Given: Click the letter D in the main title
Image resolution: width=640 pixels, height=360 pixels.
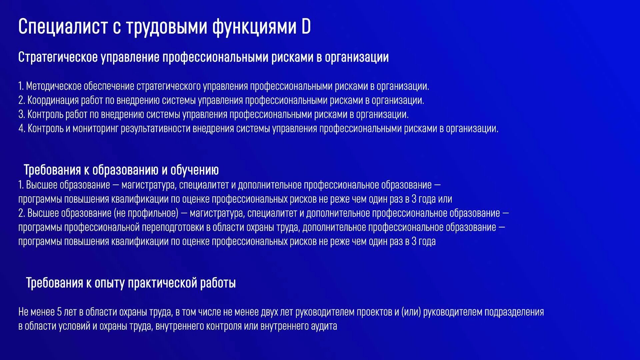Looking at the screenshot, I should [x=306, y=26].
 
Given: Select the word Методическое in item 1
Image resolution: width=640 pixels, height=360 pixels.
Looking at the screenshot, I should [x=54, y=86].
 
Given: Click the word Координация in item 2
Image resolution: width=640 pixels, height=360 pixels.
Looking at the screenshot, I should [x=53, y=100].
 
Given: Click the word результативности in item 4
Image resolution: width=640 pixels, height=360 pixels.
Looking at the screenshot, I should [x=155, y=129].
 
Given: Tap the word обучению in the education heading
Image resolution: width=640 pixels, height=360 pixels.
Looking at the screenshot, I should [x=194, y=170].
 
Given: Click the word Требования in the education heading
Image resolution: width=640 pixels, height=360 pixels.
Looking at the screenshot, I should [x=52, y=170].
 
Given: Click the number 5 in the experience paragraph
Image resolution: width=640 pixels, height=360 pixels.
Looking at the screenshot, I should [x=59, y=312].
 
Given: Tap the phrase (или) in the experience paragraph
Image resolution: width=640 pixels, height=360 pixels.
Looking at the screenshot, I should [x=411, y=312].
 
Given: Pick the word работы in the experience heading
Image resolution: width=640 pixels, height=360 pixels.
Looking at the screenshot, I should [x=218, y=283].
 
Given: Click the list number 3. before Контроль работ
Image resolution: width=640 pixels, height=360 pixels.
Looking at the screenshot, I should [x=21, y=115].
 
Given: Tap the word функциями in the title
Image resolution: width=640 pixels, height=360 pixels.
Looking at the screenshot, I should [x=254, y=26].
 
